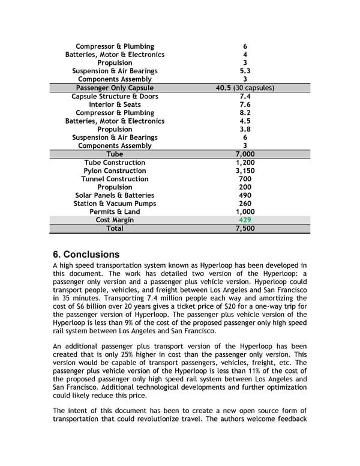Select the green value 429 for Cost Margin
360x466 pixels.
(244, 220)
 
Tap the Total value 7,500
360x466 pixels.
(244, 228)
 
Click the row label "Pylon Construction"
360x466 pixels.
(115, 171)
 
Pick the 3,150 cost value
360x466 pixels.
(245, 171)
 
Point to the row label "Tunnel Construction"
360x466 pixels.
(115, 179)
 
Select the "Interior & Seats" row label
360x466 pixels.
(115, 104)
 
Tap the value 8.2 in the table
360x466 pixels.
(245, 112)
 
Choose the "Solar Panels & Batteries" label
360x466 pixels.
(115, 195)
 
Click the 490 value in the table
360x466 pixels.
(245, 195)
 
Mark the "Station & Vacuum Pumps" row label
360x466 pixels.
(115, 204)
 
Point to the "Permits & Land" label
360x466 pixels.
(115, 211)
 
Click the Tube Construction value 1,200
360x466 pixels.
(245, 162)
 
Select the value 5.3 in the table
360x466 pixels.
(245, 71)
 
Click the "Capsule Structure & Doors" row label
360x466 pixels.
(115, 96)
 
